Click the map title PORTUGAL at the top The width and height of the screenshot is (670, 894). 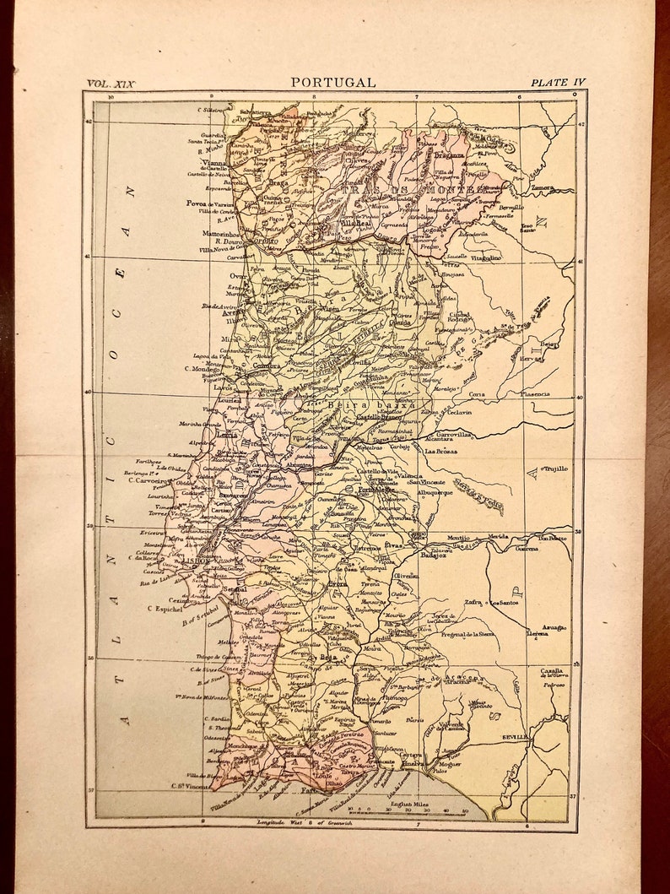click(x=333, y=82)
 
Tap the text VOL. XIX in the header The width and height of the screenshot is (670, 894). click(x=111, y=84)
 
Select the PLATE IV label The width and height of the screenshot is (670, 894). click(x=557, y=83)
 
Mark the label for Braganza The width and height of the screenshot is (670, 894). click(x=449, y=155)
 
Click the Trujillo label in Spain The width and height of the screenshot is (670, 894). click(x=555, y=468)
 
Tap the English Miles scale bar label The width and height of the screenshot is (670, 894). click(x=409, y=804)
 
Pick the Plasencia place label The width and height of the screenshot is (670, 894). click(x=533, y=394)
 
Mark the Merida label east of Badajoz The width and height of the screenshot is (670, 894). click(x=498, y=535)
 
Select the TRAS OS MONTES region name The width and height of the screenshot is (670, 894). click(x=413, y=191)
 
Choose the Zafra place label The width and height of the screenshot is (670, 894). click(x=474, y=604)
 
